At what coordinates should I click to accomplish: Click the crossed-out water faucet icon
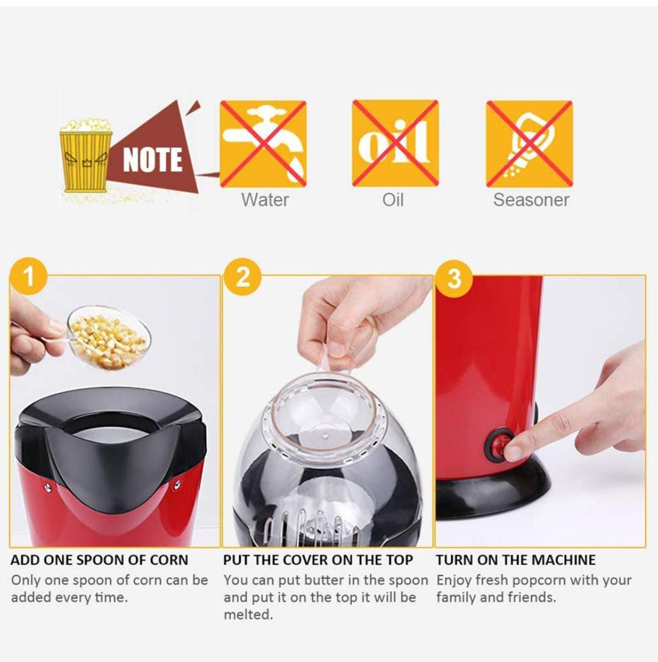coord(263,144)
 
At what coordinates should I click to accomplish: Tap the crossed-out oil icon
coord(395,144)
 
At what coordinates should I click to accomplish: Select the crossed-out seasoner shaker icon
coord(529,144)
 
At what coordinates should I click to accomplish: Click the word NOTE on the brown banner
coord(152,160)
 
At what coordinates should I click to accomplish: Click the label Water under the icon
coord(265,199)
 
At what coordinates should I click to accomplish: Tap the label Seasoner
coord(531,200)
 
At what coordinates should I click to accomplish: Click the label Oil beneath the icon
coord(393,199)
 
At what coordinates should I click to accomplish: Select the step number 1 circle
coord(28,277)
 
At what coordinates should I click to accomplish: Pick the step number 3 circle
coord(454,278)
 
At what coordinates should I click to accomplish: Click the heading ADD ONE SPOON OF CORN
coord(99,560)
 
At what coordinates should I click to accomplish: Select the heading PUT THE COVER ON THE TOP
coord(318,560)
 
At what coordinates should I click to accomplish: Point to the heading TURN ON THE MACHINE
coord(515,560)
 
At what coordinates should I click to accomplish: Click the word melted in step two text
coord(248,614)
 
